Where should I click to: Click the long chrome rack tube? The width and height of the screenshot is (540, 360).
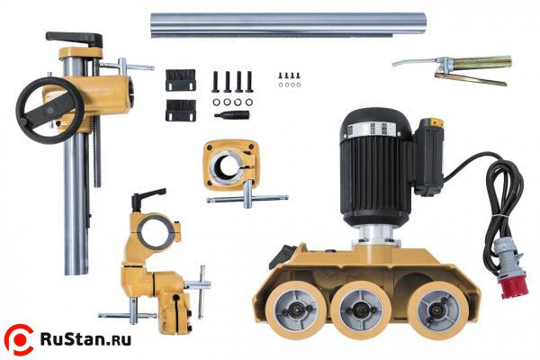pos(289,25)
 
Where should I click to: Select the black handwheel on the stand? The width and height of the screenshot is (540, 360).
pos(49,110)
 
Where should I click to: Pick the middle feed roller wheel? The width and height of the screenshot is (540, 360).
pos(361,309)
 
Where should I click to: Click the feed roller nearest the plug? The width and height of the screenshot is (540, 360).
pos(437,310)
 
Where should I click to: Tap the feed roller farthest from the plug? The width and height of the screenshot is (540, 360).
pos(296,309)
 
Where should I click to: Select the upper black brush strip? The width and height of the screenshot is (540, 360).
pos(181,80)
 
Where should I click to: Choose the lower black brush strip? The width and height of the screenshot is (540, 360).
pos(181,110)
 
